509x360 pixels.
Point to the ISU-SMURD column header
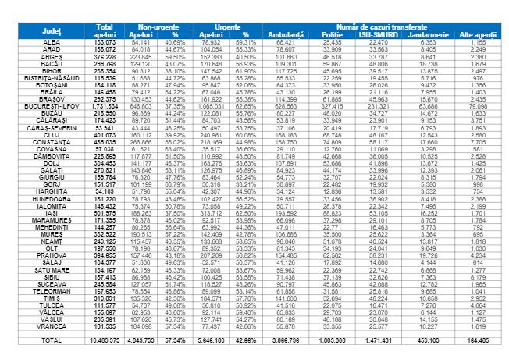pos(377,35)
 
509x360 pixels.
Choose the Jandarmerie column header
pos(429,35)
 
